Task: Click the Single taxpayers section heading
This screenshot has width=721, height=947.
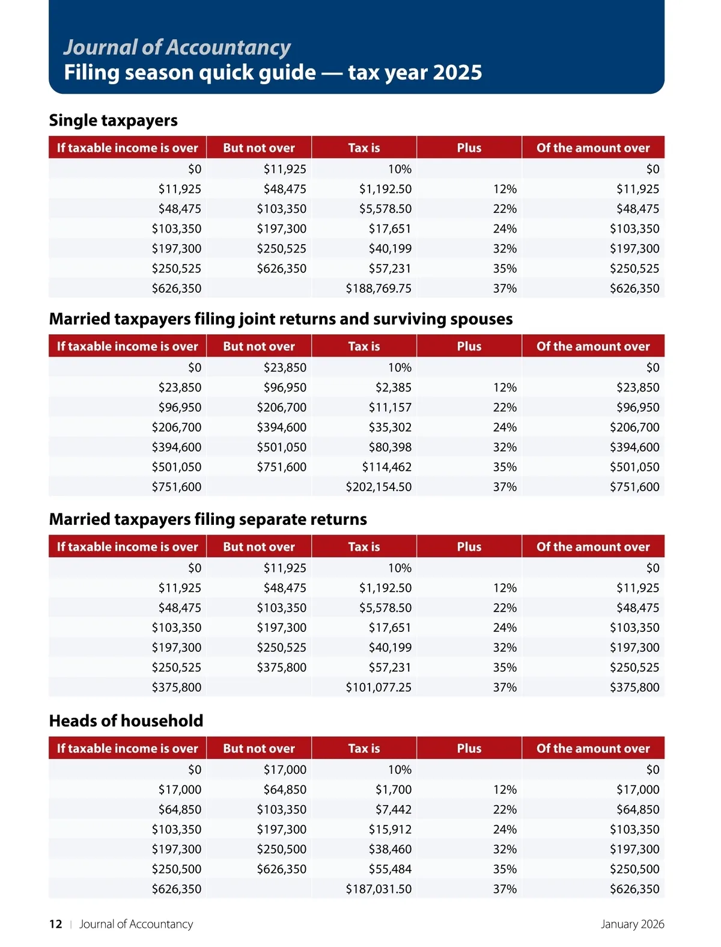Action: pos(113,120)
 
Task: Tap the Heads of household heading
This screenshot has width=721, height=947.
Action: pos(126,720)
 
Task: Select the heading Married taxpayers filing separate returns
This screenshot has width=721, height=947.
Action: pos(208,519)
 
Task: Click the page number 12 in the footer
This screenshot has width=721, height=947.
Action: pos(55,924)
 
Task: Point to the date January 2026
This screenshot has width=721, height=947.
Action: pos(632,924)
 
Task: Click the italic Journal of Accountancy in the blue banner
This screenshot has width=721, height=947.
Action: pos(177,47)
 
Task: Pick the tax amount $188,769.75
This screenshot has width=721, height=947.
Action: pos(379,289)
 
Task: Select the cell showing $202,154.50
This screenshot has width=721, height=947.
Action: pos(379,487)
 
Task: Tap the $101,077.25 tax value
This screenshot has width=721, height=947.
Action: pos(379,687)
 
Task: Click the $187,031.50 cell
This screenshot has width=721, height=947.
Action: pos(379,889)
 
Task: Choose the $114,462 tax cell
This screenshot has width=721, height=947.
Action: pos(386,467)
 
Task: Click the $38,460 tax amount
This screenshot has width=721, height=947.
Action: pos(390,849)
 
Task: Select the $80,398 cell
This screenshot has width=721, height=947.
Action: pos(390,447)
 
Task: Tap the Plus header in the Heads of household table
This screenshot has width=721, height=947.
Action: pos(469,749)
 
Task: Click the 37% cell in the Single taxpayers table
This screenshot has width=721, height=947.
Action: pos(505,289)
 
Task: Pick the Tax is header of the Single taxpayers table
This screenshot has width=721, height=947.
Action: pos(364,148)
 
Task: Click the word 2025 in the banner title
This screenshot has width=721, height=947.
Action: pos(457,73)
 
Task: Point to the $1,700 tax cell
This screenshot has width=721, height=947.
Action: pos(394,789)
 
